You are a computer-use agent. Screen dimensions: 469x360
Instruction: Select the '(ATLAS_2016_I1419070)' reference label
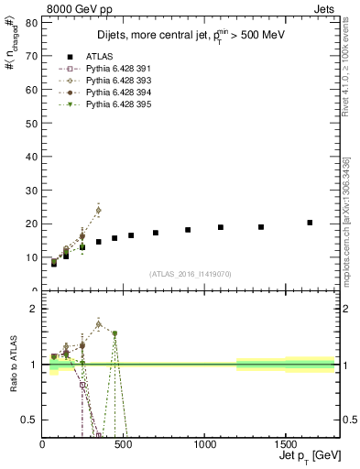(191, 273)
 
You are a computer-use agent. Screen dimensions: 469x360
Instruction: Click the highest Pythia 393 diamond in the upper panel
(98, 210)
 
